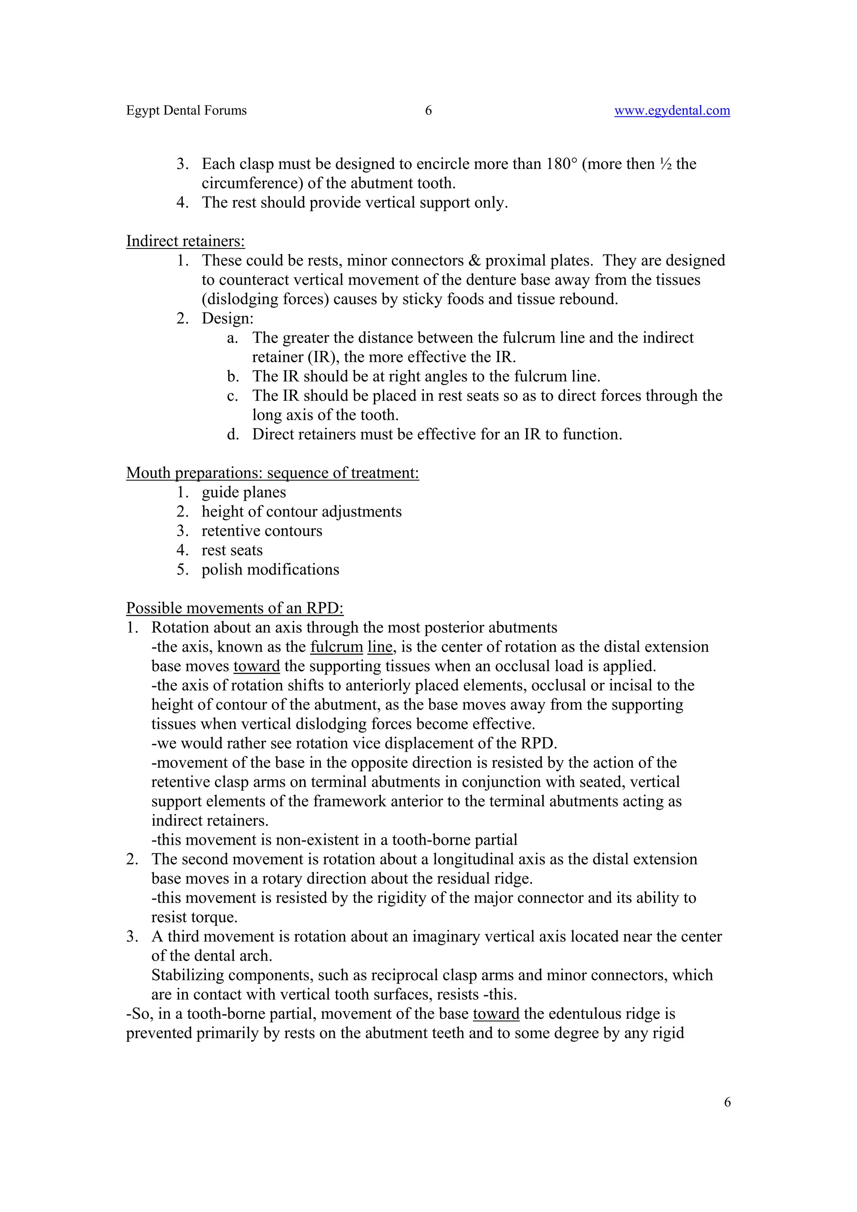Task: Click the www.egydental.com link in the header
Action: pos(672,110)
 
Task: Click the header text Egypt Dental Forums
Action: pos(186,110)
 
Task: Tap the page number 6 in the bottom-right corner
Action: pos(727,1102)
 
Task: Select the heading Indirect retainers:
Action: pos(185,241)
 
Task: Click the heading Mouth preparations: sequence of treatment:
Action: pos(272,473)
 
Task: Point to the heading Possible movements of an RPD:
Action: pos(234,608)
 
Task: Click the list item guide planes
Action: pos(244,493)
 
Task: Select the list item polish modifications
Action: pos(270,570)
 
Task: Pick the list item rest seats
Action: pos(232,550)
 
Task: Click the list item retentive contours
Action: pos(262,531)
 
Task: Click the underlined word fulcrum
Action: pos(336,647)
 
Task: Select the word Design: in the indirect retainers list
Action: pos(228,319)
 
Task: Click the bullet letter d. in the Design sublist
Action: pos(233,435)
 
